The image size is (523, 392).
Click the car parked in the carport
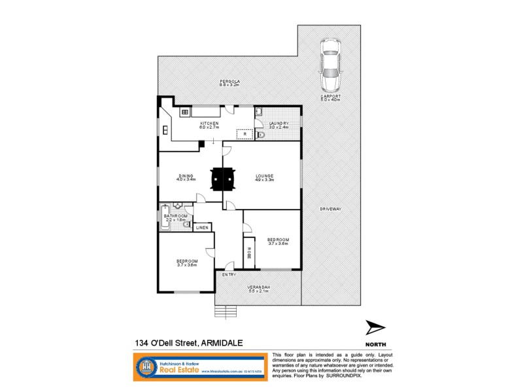[330, 64]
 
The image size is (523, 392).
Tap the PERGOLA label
[230, 82]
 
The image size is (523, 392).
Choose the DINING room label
[187, 176]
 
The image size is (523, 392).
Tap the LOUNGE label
[265, 176]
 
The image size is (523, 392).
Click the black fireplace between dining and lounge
[223, 178]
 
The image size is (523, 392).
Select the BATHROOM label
[176, 216]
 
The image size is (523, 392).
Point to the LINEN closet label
[201, 228]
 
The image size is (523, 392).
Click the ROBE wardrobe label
[249, 252]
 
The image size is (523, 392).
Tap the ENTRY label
[228, 274]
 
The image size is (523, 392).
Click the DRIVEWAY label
[331, 209]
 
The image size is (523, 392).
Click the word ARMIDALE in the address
[226, 342]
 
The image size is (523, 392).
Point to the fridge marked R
[244, 135]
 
